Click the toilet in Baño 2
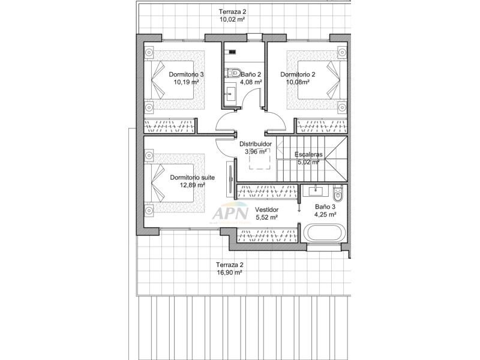click(233, 73)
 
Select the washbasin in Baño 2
click(230, 92)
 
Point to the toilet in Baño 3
click(338, 194)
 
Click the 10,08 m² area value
click(298, 82)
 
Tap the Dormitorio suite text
click(192, 177)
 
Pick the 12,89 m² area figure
click(192, 185)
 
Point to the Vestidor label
click(266, 209)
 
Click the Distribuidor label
click(256, 144)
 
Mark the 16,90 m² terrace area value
click(230, 272)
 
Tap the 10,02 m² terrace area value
click(232, 19)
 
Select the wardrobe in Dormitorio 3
click(170, 125)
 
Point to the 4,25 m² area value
click(325, 214)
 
